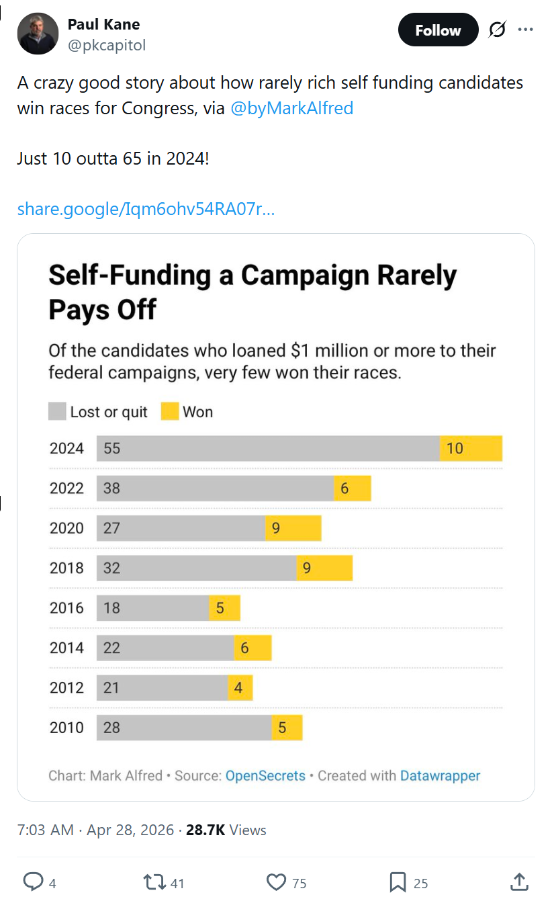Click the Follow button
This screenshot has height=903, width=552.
(438, 30)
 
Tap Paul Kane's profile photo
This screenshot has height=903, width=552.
(38, 34)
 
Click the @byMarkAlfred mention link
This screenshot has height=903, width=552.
(291, 108)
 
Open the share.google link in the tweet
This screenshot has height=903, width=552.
(146, 209)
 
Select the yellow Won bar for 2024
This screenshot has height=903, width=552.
(471, 448)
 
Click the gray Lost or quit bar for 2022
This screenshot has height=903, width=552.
(215, 488)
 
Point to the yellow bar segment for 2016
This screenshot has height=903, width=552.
(224, 608)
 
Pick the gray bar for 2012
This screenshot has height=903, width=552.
(162, 688)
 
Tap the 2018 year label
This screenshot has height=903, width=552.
(66, 568)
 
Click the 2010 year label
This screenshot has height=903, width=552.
(66, 728)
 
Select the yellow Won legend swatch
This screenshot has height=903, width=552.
(170, 412)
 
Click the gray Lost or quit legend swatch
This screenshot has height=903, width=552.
(57, 412)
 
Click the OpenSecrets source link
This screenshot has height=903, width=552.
(265, 775)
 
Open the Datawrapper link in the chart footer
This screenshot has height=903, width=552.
(440, 775)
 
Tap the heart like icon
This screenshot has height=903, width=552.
(277, 881)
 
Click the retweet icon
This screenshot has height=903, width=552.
(154, 881)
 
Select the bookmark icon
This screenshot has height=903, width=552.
(398, 882)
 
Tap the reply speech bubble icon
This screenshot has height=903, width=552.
(33, 881)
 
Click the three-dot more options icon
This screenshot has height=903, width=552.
(525, 30)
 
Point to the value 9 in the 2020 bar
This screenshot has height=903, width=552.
(275, 528)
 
